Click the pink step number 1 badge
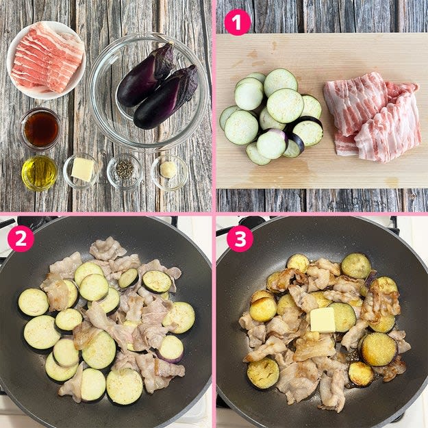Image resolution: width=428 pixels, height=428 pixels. [x=237, y=23]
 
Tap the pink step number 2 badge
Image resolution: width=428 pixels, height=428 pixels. [x=21, y=238]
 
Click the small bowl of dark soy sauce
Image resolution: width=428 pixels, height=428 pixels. [x=40, y=129]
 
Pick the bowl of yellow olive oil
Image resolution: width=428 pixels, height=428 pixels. [x=40, y=173]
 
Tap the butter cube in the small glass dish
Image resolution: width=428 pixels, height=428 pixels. [x=82, y=169]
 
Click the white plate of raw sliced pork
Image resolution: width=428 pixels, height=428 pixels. [x=46, y=60]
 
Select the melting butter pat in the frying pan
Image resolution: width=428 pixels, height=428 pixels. [x=323, y=320]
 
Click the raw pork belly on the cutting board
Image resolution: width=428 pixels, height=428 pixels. [x=373, y=117]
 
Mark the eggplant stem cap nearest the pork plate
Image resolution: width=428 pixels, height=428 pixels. [x=163, y=60]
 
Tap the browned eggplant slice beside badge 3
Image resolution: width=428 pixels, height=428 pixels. [x=298, y=264]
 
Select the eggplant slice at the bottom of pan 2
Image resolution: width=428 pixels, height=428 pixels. [x=124, y=386]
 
